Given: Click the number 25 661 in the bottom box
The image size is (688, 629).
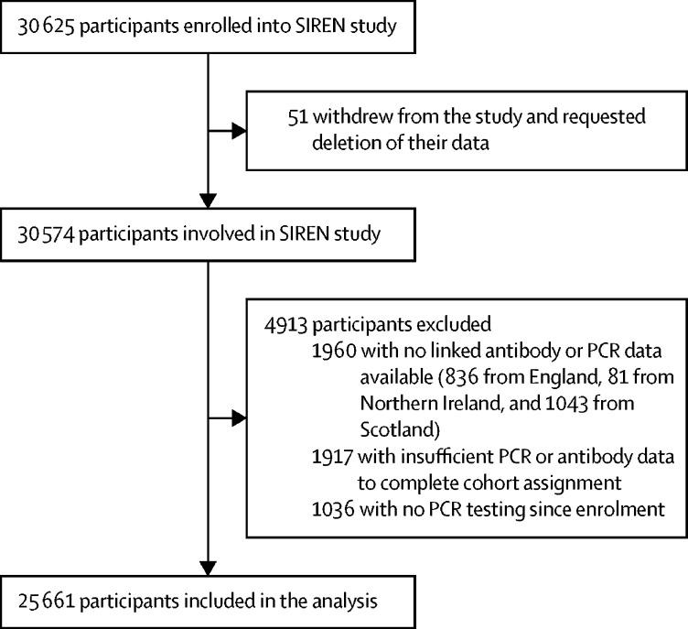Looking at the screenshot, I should point(47,602).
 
